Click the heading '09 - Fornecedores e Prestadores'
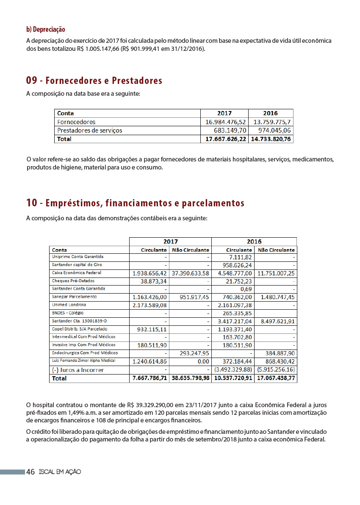pos(94,80)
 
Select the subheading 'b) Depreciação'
pos(46,29)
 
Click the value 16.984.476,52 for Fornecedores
pos(225,122)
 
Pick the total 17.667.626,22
pos(224,139)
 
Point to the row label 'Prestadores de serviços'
pos(89,130)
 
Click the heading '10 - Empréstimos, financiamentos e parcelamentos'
pos(135,203)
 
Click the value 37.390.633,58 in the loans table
pos(191,273)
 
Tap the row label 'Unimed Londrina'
pos(69,305)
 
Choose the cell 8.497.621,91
pos(276,322)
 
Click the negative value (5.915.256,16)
pos(276,370)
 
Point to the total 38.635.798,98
pos(191,378)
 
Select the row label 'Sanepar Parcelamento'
pos(74,297)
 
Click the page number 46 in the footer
pos(30,472)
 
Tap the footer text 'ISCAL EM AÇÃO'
pos(59,472)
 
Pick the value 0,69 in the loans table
pos(246,289)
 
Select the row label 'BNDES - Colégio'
pos(68,313)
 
